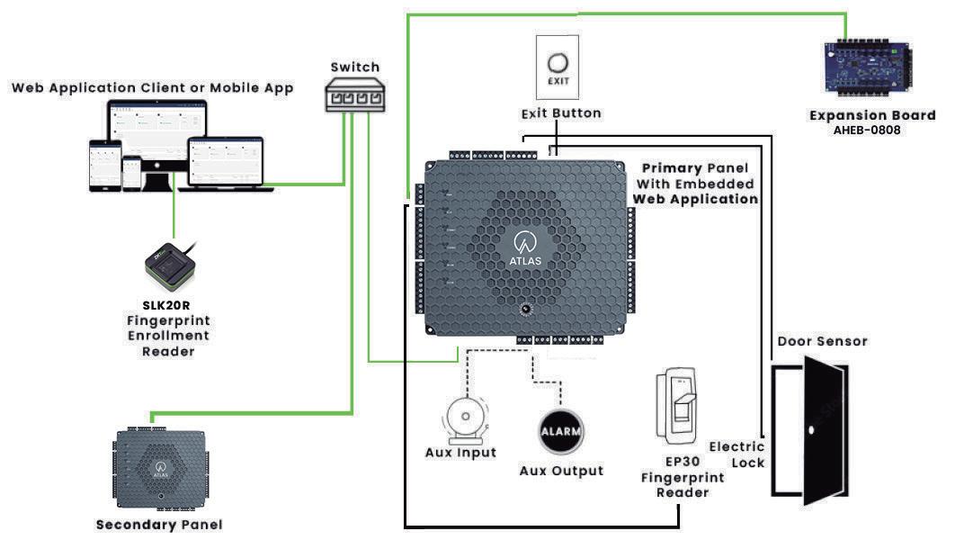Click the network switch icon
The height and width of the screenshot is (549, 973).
pyautogui.click(x=355, y=95)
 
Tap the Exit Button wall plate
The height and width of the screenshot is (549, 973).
pyautogui.click(x=558, y=67)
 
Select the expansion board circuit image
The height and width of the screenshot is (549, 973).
pyautogui.click(x=869, y=68)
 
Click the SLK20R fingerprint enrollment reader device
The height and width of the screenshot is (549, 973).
pyautogui.click(x=171, y=265)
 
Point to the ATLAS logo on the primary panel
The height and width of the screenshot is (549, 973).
pyautogui.click(x=525, y=247)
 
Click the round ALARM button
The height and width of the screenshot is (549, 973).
pyautogui.click(x=561, y=431)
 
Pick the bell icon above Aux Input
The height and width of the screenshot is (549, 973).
pyautogui.click(x=466, y=421)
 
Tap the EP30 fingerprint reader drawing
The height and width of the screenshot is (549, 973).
pyautogui.click(x=677, y=406)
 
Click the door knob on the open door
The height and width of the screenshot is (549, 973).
pyautogui.click(x=811, y=430)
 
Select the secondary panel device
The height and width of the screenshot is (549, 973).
pyautogui.click(x=160, y=468)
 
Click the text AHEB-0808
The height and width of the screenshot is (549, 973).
pyautogui.click(x=867, y=130)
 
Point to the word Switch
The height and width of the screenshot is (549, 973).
pyautogui.click(x=355, y=67)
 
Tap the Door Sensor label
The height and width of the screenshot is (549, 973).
pyautogui.click(x=822, y=341)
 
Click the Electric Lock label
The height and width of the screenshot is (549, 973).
pyautogui.click(x=737, y=454)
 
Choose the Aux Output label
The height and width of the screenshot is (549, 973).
pyautogui.click(x=561, y=471)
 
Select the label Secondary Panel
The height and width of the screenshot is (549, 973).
pyautogui.click(x=159, y=525)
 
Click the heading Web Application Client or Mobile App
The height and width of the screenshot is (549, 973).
pyautogui.click(x=153, y=88)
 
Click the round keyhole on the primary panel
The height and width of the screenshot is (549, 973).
pyautogui.click(x=525, y=309)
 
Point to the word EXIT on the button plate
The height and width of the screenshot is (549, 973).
pyautogui.click(x=558, y=81)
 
